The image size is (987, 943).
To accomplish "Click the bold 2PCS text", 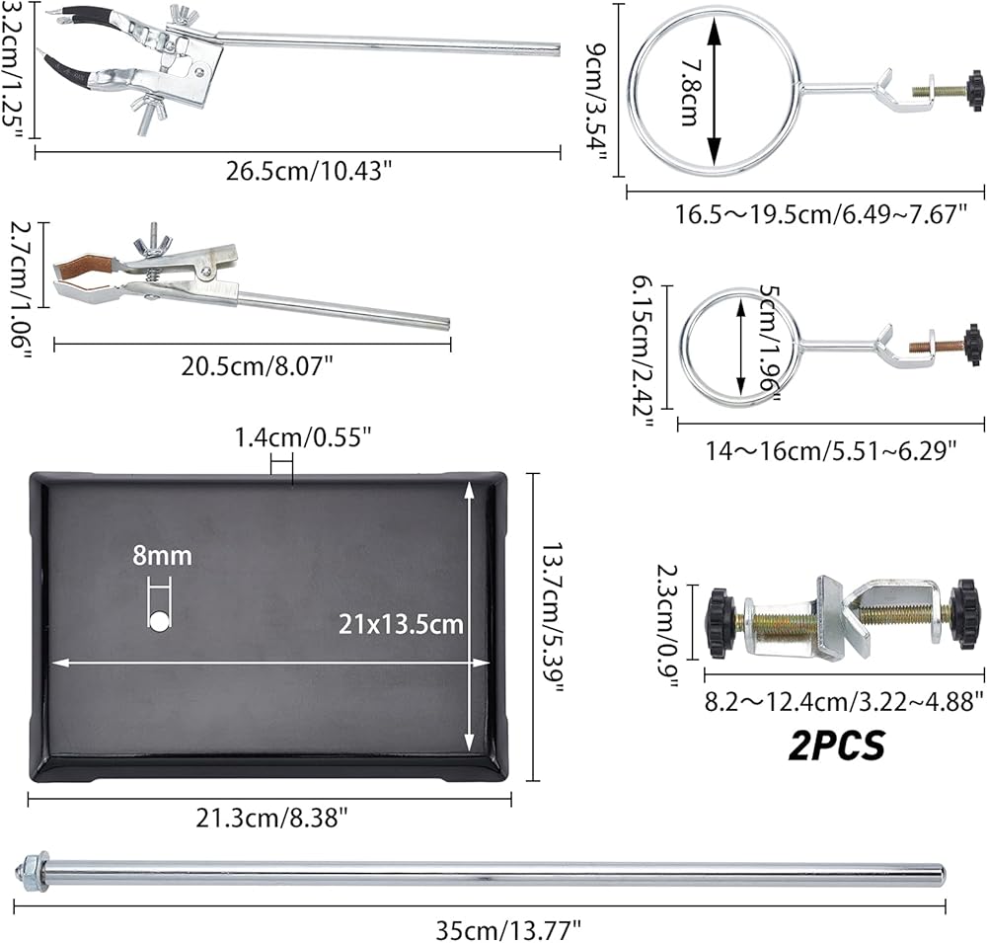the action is (x=837, y=746).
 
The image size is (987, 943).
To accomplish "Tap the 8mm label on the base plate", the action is (x=163, y=556).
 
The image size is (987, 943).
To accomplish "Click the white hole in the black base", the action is (x=159, y=622).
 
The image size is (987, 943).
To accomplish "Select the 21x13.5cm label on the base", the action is (x=401, y=624).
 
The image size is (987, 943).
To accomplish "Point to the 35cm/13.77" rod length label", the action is (x=508, y=930).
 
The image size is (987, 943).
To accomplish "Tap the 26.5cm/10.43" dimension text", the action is (x=309, y=171).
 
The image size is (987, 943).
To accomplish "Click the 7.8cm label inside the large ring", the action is (x=691, y=93).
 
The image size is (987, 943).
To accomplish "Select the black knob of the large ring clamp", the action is (x=974, y=89).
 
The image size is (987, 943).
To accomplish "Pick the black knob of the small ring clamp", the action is (x=974, y=345).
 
